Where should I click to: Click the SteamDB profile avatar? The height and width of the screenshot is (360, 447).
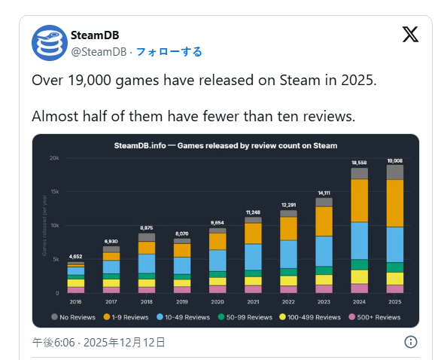pos(50,43)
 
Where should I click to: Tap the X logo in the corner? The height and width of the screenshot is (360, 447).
pos(410,35)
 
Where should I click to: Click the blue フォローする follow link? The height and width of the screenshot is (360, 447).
pos(169,51)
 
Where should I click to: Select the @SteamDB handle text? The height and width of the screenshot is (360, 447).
pos(99,51)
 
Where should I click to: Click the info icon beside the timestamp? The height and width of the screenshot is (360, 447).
pos(411,342)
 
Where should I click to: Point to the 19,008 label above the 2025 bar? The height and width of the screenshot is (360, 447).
pos(394,160)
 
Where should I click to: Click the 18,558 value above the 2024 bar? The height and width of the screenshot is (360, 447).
pos(359,163)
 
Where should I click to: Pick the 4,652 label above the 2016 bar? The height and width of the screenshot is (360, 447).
pos(76,257)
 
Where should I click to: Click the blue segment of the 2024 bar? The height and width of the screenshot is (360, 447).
pos(359,240)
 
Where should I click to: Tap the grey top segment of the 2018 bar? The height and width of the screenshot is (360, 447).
pos(147,237)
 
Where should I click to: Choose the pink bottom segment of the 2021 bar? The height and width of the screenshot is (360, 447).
pos(253,289)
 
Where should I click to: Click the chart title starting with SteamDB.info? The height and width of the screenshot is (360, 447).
pos(225,145)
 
